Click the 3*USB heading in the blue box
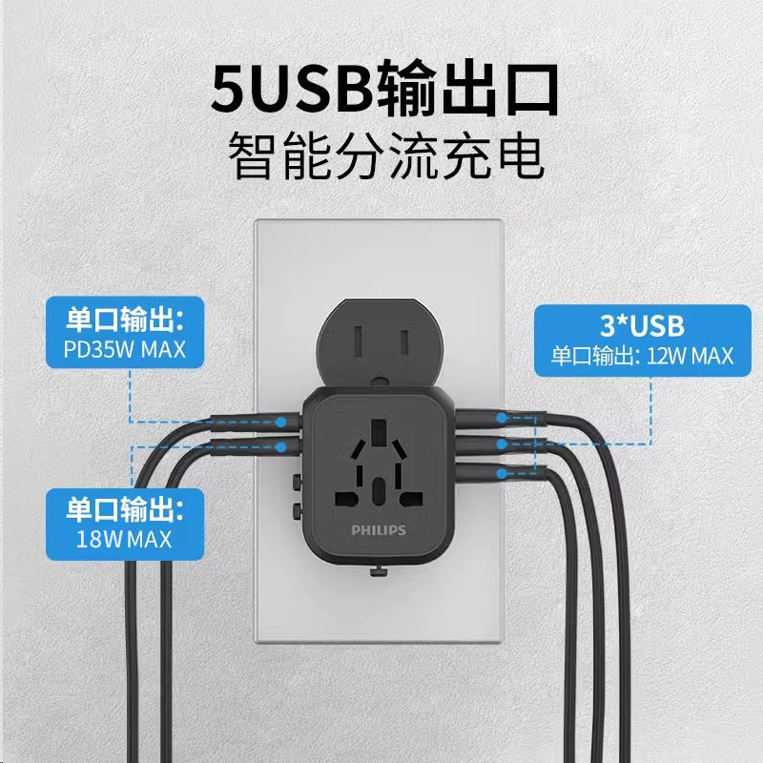(x=642, y=326)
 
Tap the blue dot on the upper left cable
(x=282, y=420)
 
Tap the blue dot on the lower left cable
(x=282, y=445)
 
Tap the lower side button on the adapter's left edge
(x=299, y=510)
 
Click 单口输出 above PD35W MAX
(x=125, y=317)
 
